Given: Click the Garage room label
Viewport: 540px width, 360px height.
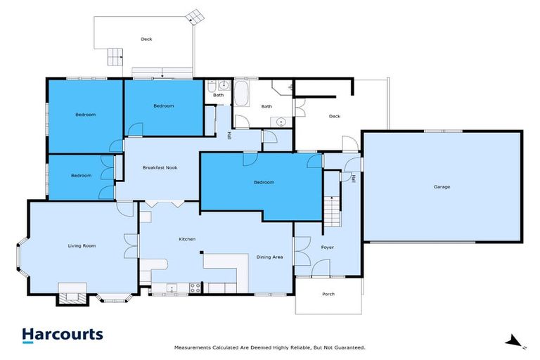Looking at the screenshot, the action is (x=442, y=187).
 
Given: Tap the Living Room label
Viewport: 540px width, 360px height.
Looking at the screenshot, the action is (x=82, y=245).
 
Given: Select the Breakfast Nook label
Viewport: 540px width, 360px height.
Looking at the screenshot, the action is (x=160, y=167).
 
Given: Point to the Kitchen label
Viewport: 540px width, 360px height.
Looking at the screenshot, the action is (x=187, y=239).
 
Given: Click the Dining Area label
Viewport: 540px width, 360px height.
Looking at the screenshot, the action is (x=269, y=257).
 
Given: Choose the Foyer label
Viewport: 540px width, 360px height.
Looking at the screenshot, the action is (x=327, y=247).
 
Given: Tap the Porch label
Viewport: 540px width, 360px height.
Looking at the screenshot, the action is (x=328, y=294).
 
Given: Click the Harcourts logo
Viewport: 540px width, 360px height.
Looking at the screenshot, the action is (x=63, y=335).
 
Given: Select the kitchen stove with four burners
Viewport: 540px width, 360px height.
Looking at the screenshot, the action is (x=195, y=288).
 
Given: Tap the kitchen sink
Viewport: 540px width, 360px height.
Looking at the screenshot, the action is (x=171, y=288).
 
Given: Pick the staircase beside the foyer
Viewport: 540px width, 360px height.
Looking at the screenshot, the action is (x=332, y=211).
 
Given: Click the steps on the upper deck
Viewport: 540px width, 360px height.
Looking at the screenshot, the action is (x=115, y=57).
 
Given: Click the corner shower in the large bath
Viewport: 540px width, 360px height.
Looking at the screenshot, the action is (x=282, y=87).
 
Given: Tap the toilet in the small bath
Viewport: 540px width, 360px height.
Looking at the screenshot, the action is (x=212, y=86).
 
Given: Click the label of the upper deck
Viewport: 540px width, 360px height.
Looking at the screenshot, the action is (x=146, y=39).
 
